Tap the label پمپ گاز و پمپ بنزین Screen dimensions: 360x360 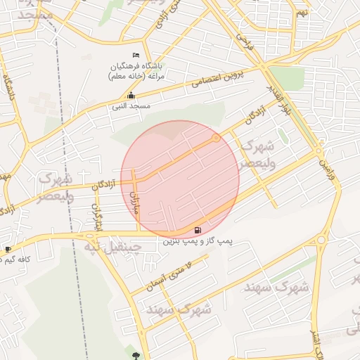click(198, 241)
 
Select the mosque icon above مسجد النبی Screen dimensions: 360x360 click(131, 96)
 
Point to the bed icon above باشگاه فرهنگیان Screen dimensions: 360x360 click(136, 56)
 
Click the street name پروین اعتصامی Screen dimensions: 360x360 click(219, 81)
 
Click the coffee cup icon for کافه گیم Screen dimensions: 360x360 click(8, 249)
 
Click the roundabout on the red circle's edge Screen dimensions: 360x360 click(216, 139)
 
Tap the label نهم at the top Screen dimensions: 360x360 click(301, 13)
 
